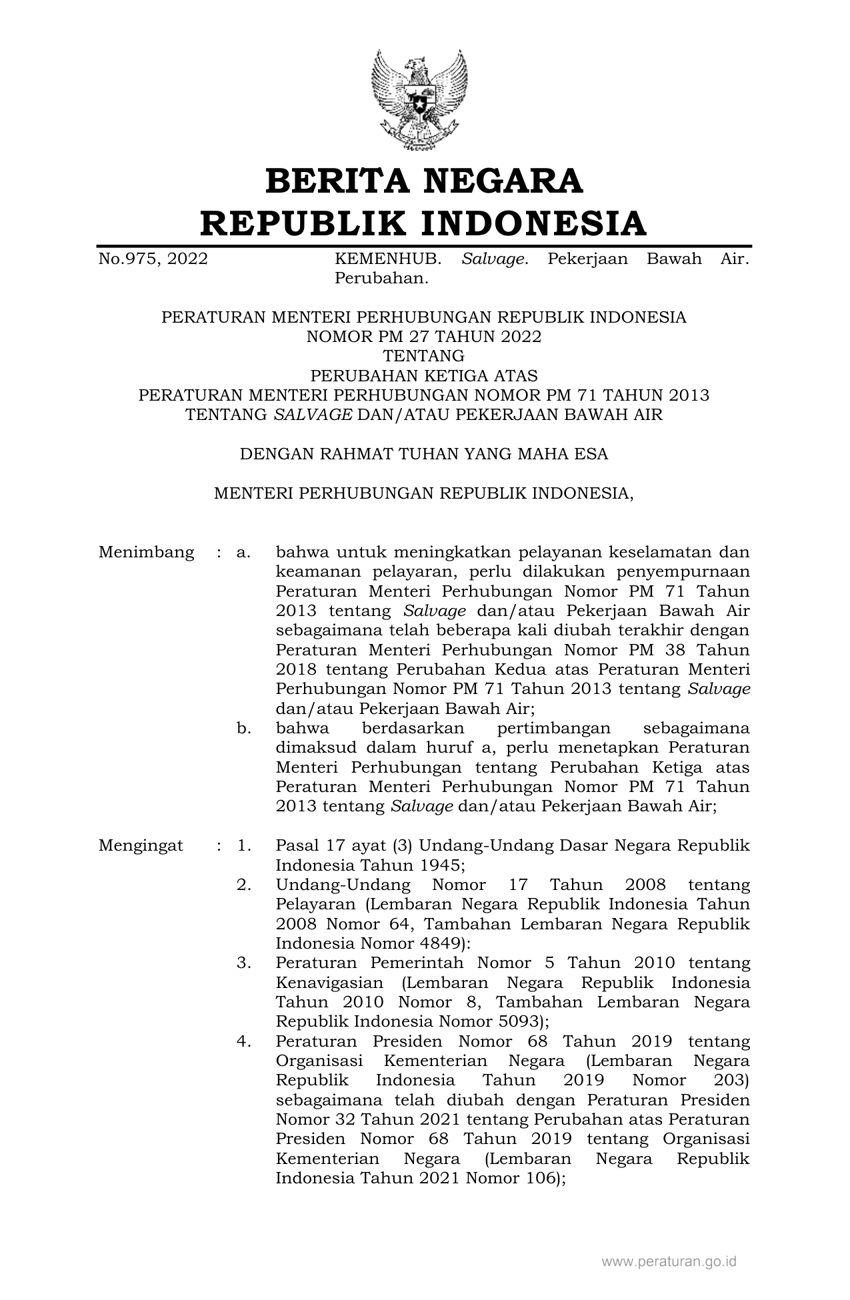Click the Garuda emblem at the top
coord(419,101)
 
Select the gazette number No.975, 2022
coord(153,259)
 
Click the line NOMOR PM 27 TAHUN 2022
coord(424,337)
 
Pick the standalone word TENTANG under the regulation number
coord(424,356)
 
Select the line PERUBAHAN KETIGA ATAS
coord(424,375)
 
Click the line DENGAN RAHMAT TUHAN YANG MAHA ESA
coord(424,454)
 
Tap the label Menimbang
coord(146,552)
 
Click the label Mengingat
coord(141,846)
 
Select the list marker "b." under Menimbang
coord(243,728)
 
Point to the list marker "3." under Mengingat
coord(243,963)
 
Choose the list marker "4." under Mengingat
coord(243,1041)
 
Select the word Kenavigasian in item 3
coord(329,983)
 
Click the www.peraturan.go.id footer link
coord(669,1261)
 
